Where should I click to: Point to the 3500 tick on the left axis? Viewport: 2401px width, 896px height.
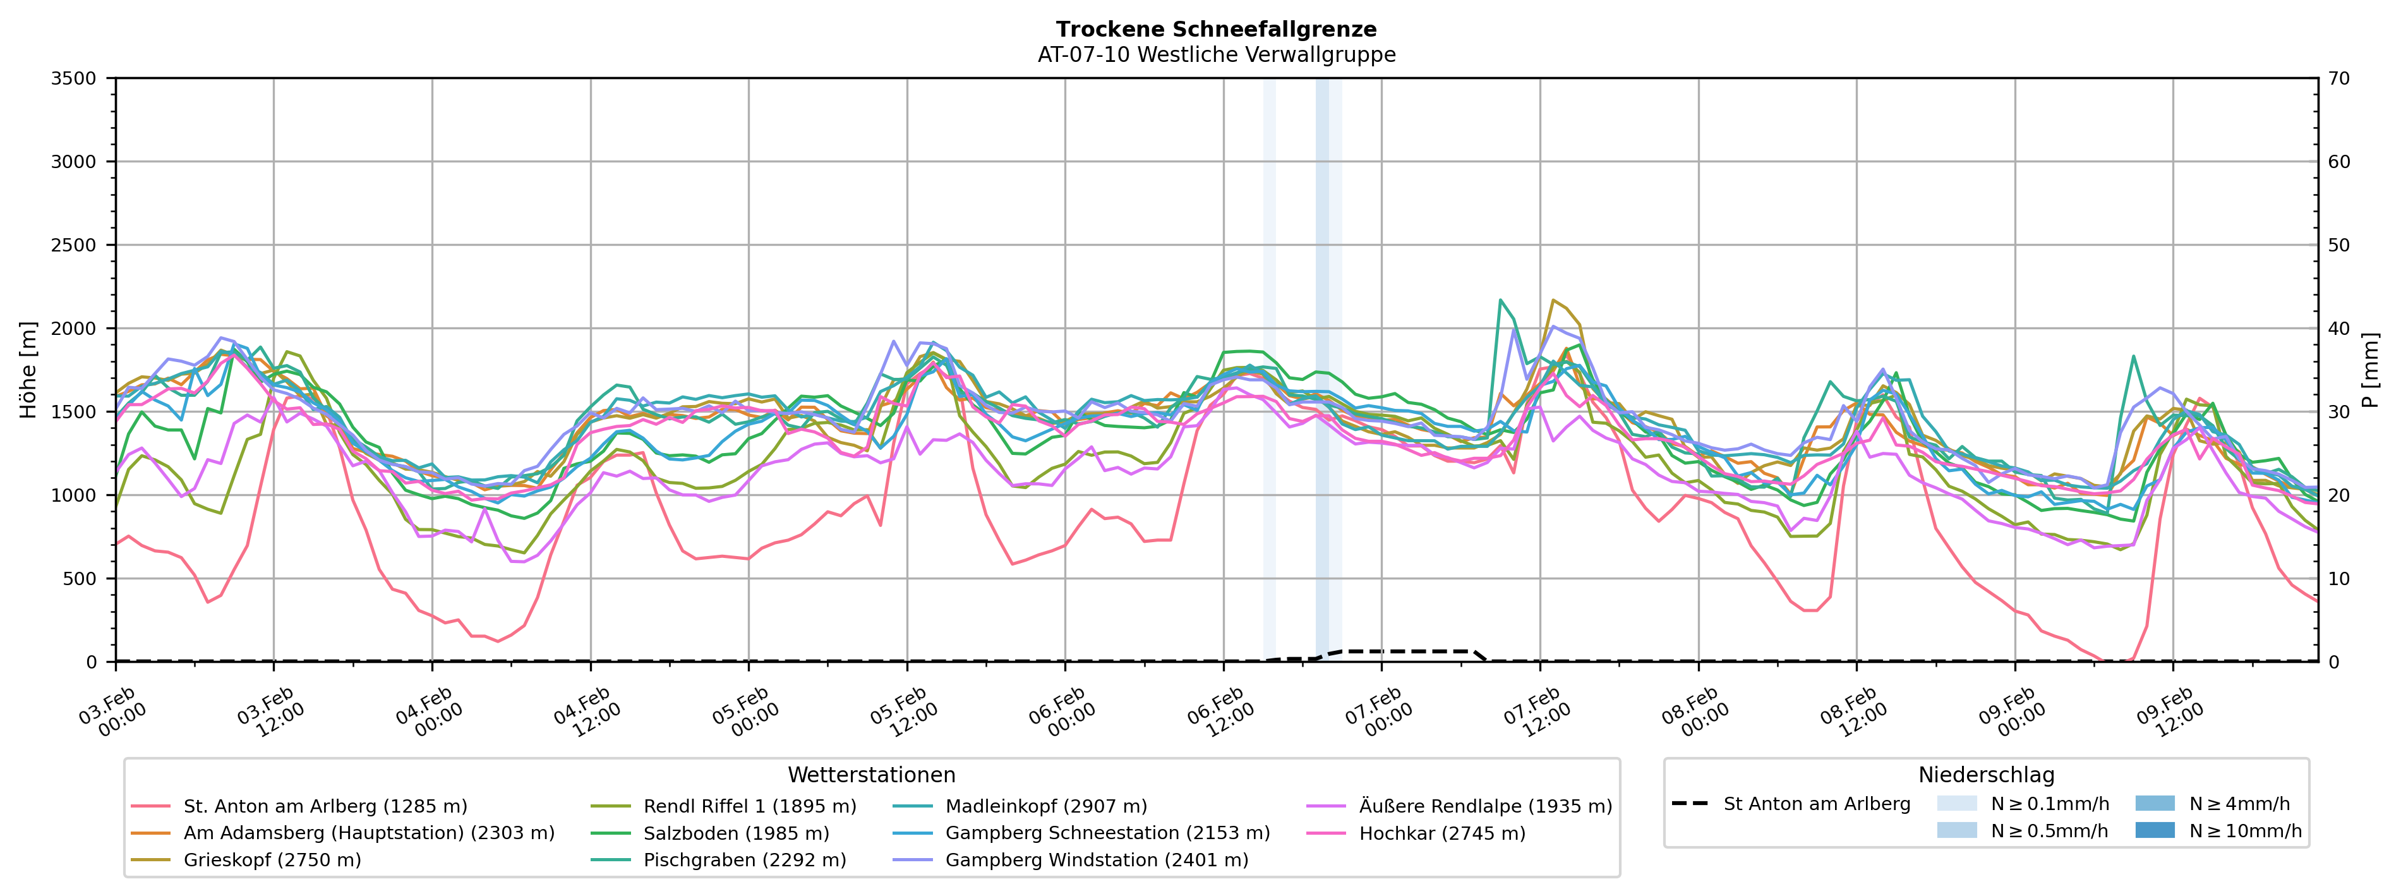coord(74,78)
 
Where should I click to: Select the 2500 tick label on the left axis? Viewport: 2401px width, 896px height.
coord(74,245)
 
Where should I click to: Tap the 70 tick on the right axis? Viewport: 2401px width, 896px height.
coord(2338,78)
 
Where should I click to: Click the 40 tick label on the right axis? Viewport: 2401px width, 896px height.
coord(2338,328)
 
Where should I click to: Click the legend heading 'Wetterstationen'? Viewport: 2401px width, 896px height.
coord(872,775)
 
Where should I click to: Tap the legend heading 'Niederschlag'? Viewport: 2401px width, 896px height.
coord(1985,775)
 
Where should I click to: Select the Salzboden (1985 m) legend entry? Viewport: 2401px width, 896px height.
coord(735,833)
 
